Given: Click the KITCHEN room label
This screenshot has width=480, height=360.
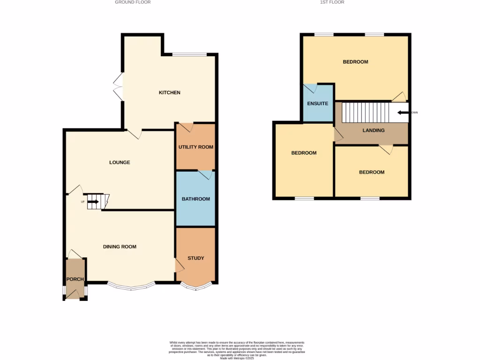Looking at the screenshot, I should (x=169, y=93).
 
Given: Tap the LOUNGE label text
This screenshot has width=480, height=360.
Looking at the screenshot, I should (x=120, y=163).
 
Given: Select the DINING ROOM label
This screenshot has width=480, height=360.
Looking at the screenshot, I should (x=120, y=247).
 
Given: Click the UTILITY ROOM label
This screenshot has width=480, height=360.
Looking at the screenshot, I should (x=195, y=147).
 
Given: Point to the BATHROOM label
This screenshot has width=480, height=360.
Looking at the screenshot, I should (x=195, y=199).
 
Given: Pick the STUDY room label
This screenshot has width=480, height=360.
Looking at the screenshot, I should (x=195, y=258).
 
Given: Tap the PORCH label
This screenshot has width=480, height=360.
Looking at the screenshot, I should (x=75, y=279).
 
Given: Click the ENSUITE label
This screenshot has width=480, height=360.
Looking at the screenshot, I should (x=317, y=104).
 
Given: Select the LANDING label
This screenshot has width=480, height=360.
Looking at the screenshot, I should (x=374, y=131).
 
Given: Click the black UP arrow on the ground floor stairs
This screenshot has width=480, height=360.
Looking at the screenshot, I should (x=93, y=202).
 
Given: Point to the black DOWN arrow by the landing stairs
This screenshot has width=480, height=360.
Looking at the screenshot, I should (x=402, y=112).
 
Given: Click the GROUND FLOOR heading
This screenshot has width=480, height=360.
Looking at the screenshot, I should (x=133, y=2).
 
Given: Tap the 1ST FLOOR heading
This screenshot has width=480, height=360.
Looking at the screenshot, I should (x=333, y=2).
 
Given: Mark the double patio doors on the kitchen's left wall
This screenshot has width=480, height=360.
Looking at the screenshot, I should (x=118, y=87).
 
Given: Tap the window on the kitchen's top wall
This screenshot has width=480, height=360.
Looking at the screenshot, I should (x=189, y=55).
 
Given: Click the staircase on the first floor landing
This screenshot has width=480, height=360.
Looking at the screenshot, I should (x=366, y=112).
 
